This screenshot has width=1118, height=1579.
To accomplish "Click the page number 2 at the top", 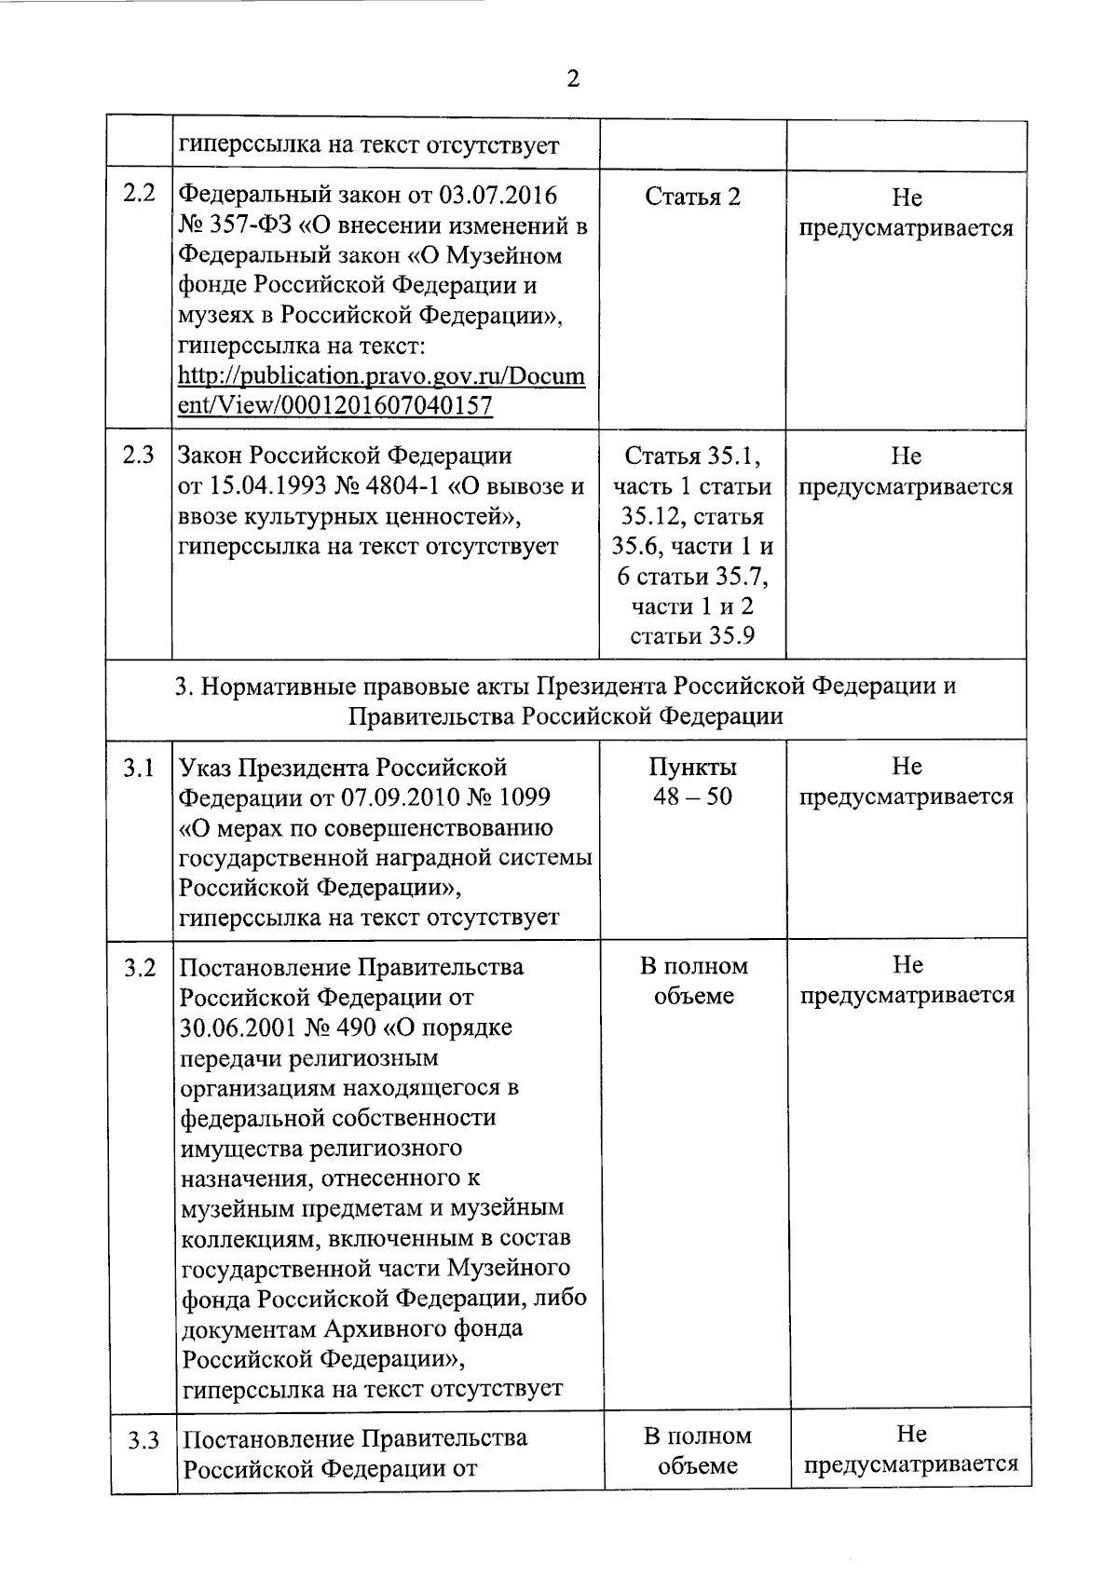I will [x=573, y=79].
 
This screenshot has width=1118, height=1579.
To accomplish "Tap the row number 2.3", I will [x=139, y=456].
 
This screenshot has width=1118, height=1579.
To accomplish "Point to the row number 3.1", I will [x=139, y=768].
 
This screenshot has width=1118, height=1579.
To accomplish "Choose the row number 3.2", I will [x=140, y=968].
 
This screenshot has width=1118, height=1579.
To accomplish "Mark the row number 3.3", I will [x=143, y=1441].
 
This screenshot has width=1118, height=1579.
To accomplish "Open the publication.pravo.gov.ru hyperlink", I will [x=381, y=391].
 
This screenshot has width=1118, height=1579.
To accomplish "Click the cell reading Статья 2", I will [x=692, y=197].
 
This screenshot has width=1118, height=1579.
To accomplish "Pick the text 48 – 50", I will [x=692, y=796].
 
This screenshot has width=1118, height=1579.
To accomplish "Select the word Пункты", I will [x=692, y=767].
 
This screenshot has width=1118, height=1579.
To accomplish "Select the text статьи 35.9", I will [x=692, y=636].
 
